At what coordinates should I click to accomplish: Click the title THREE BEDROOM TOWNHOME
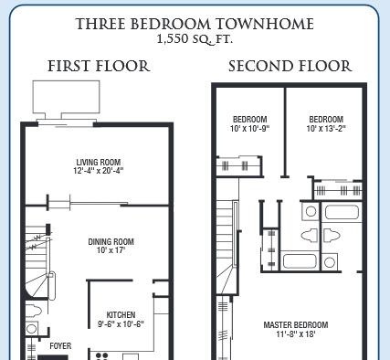point(195,24)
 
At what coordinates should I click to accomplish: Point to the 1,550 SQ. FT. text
point(195,39)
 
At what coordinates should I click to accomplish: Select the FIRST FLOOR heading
point(99,66)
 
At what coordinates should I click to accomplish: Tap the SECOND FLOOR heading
point(290,66)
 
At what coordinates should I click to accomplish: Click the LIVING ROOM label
point(99,162)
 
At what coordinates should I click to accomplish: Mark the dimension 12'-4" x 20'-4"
point(99,170)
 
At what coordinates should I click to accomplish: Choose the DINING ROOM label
point(111,242)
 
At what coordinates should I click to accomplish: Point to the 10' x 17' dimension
point(111,250)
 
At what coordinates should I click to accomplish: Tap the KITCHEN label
point(121,315)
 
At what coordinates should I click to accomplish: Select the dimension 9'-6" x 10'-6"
point(121,323)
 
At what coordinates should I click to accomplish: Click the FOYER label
point(60,346)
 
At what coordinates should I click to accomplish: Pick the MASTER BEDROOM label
point(296,325)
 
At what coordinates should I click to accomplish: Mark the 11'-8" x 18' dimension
point(296,334)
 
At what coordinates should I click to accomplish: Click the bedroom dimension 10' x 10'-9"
point(250,128)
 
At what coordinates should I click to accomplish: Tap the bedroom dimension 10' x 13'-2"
point(326,128)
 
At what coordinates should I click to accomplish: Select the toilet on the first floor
point(33,311)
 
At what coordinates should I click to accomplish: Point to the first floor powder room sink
point(32,329)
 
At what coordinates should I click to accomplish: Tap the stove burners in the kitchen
point(101,356)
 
